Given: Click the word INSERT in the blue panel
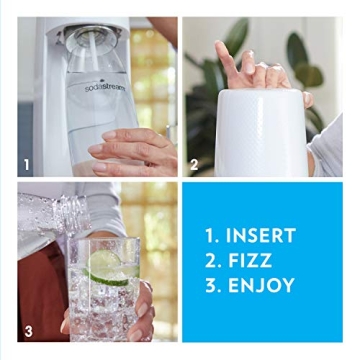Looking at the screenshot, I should (x=260, y=236).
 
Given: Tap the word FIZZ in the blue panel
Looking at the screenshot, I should (x=252, y=260).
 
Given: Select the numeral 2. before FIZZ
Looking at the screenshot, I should (x=211, y=260).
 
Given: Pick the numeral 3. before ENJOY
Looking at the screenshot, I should (x=211, y=285).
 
